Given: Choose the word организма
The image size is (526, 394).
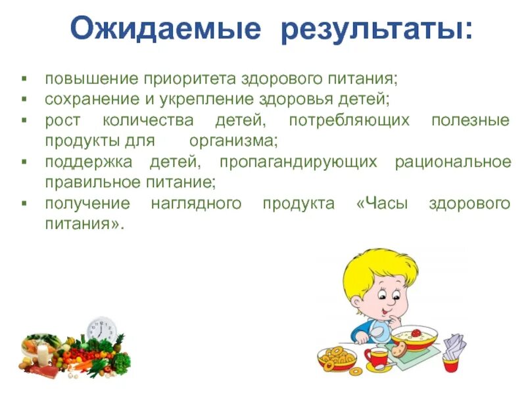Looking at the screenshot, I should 233,141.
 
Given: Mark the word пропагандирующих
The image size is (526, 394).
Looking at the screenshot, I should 299,162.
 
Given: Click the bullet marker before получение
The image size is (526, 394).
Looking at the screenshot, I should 24,204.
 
